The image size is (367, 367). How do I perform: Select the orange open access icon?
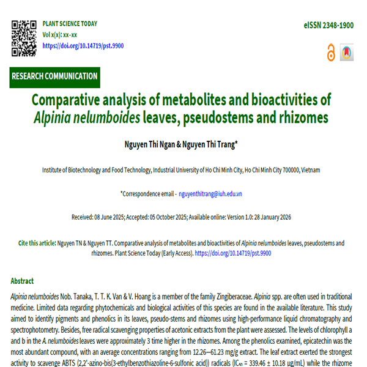point(332,53)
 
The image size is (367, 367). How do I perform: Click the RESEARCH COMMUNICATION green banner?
point(54,76)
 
